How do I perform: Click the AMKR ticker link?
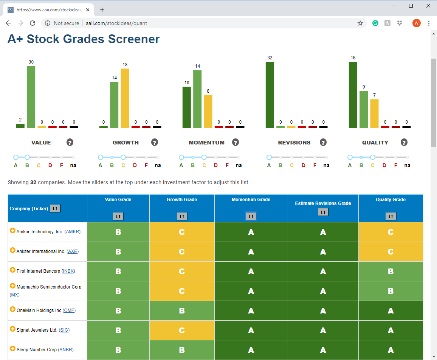point(73,232)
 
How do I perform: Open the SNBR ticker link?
point(66,350)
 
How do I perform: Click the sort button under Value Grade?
point(118,216)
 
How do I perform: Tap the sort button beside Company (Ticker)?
point(55,208)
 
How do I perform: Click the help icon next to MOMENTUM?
point(236,143)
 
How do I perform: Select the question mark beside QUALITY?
point(404,143)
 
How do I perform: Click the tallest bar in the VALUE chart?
point(31,97)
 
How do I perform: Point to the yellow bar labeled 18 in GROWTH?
point(125,98)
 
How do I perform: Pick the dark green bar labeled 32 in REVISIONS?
point(270,95)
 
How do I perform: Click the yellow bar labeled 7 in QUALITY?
point(374,114)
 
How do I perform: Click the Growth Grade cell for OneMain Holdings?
point(182,310)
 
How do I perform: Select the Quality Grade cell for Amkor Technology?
point(391,232)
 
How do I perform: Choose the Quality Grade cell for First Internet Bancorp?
point(391,272)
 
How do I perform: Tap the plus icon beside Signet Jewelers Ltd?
point(12,329)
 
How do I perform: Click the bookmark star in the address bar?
point(360,23)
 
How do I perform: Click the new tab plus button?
point(102,10)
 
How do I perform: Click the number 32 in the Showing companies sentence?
point(33,182)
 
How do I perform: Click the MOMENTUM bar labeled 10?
point(187,108)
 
